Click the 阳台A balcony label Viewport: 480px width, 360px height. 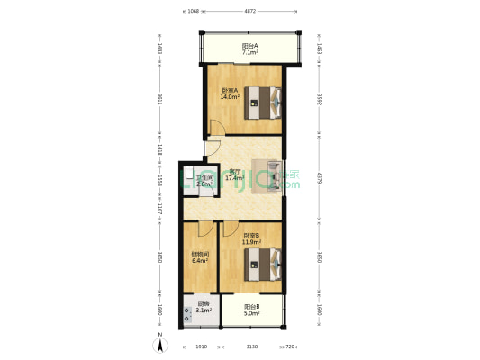pos(250,46)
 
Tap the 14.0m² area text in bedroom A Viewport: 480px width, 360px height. pos(231,97)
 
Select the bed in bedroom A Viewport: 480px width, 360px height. pos(266,103)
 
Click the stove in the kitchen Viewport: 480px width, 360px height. pos(189,314)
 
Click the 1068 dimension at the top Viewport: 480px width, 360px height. pos(193,12)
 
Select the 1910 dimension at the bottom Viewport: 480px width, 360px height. pos(201,346)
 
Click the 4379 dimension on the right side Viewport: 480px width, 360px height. pos(319,178)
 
